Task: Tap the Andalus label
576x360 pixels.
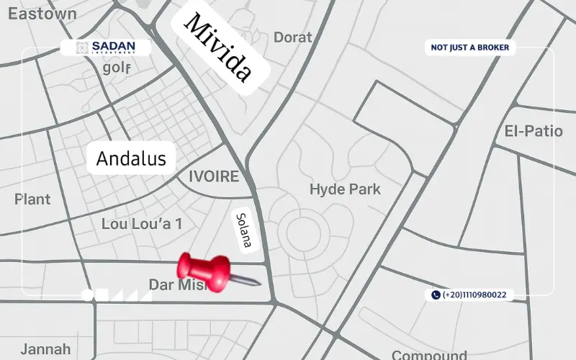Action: pyautogui.click(x=131, y=158)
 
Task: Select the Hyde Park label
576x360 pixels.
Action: pyautogui.click(x=345, y=189)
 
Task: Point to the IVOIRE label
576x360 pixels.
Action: pyautogui.click(x=213, y=176)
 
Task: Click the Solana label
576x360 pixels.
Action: pyautogui.click(x=243, y=230)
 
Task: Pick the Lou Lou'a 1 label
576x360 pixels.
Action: pyautogui.click(x=141, y=224)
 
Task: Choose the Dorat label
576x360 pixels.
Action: pyautogui.click(x=292, y=37)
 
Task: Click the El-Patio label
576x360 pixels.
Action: pyautogui.click(x=533, y=132)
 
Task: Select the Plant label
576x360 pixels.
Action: pyautogui.click(x=32, y=199)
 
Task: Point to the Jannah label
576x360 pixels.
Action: pyautogui.click(x=45, y=349)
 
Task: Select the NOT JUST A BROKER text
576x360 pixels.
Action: pyautogui.click(x=469, y=48)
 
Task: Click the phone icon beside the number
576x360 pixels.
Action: pyautogui.click(x=436, y=294)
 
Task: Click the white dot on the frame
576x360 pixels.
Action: pyautogui.click(x=87, y=294)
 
